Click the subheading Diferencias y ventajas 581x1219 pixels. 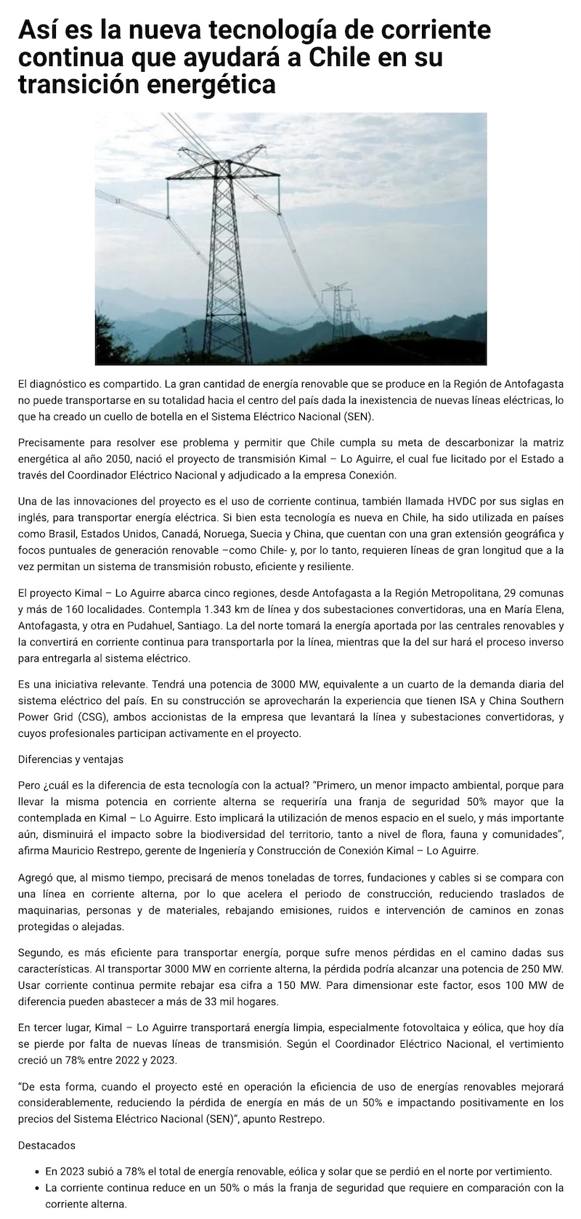(x=70, y=759)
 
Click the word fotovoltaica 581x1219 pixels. (x=354, y=1028)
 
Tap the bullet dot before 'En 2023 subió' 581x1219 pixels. (x=37, y=1171)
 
